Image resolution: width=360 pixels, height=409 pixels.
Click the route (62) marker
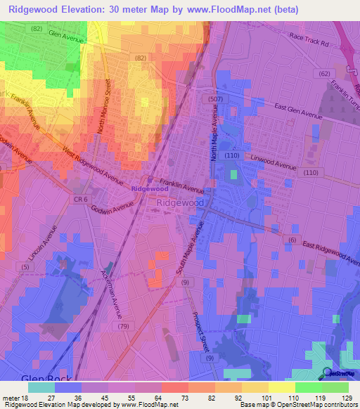(324, 72)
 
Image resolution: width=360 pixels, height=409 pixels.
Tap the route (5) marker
(26, 267)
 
